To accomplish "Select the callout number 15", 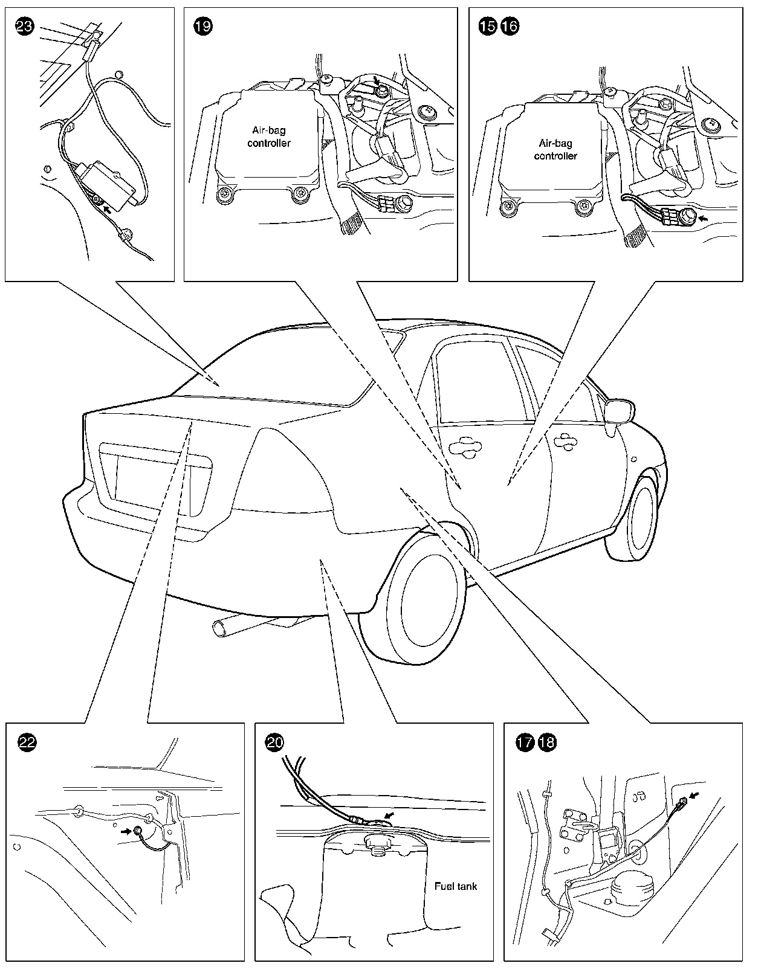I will tap(487, 26).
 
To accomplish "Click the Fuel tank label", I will tap(456, 886).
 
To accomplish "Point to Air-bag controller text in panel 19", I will tap(269, 137).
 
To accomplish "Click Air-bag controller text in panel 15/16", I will tap(555, 149).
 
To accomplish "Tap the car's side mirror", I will tap(618, 412).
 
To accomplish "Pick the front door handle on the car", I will tap(565, 439).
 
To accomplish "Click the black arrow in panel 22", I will tap(126, 831).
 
